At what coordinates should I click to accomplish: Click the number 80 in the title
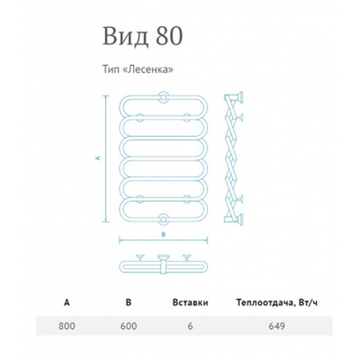coord(169,36)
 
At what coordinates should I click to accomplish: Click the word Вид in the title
coord(125,37)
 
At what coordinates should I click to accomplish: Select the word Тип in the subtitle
coord(111,69)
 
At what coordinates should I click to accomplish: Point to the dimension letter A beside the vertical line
coord(98,158)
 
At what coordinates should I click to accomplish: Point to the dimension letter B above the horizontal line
coord(163,235)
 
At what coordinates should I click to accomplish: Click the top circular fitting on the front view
coord(163,97)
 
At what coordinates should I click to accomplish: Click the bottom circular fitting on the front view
coord(163,219)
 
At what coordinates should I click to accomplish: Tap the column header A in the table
coord(67,302)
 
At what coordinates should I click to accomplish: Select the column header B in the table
coord(129,302)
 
